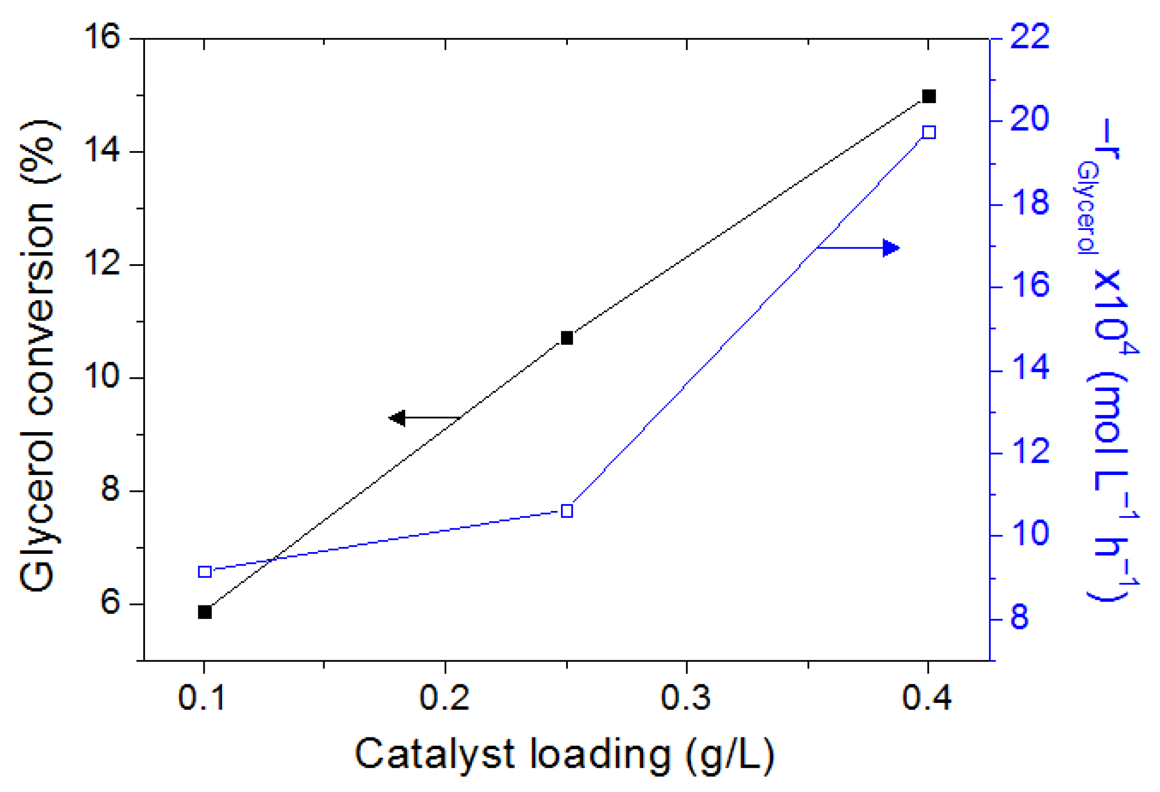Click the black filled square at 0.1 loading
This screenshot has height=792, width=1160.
(x=205, y=612)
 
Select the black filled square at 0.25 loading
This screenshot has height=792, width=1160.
(x=567, y=338)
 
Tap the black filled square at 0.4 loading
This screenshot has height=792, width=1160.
(x=929, y=97)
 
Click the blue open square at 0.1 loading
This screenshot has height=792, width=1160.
(x=205, y=572)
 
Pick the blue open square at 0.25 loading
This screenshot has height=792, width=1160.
(x=567, y=511)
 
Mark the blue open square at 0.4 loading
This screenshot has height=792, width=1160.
(x=929, y=133)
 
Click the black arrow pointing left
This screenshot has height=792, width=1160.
(x=400, y=417)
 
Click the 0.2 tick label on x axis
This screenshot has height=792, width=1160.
(x=444, y=698)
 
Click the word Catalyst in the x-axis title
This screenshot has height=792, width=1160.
(x=434, y=755)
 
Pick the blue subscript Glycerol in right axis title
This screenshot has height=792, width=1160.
(x=1087, y=208)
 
